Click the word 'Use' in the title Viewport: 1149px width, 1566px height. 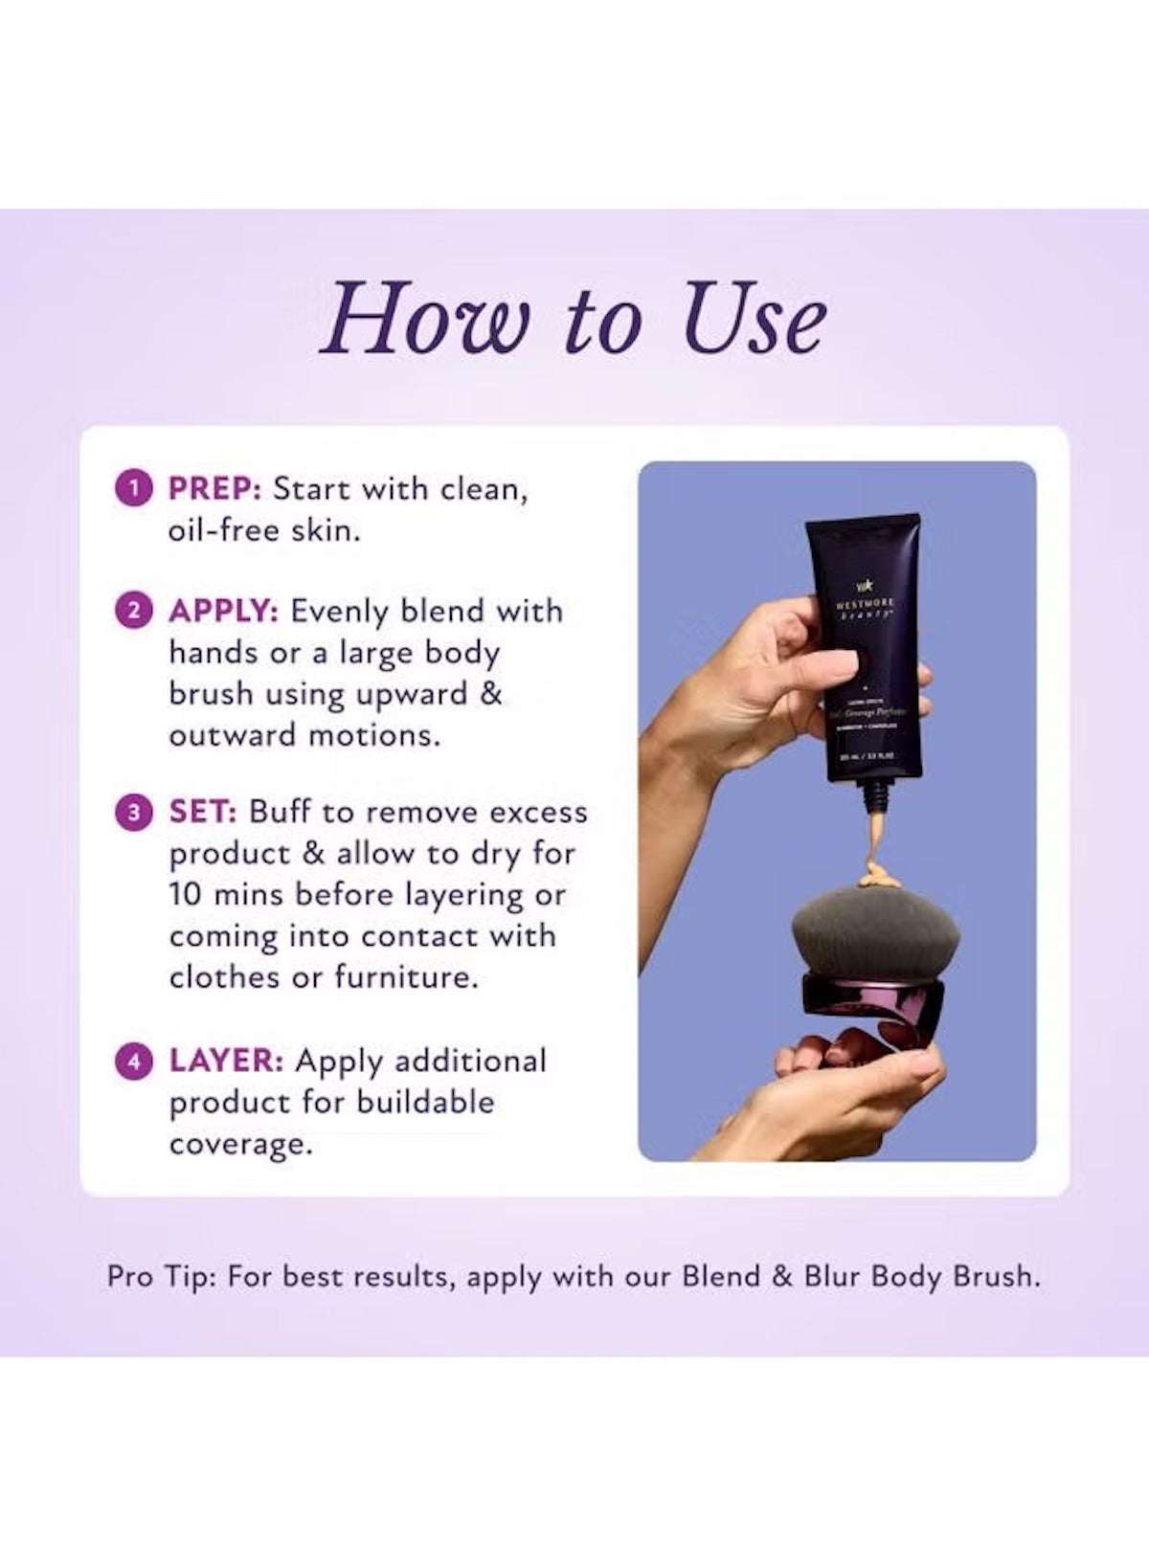tap(754, 319)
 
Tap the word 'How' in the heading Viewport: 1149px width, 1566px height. tap(423, 319)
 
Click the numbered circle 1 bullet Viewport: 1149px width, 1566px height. tap(134, 488)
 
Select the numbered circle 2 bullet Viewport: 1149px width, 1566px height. tap(134, 610)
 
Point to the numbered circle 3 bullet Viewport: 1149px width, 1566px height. tap(134, 812)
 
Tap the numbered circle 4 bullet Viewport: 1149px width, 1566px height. tap(134, 1061)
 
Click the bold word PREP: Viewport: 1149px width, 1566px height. tap(214, 488)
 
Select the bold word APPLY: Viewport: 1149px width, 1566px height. tap(223, 611)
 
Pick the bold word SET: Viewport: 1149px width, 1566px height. tap(202, 812)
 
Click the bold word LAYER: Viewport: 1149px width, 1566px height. tap(226, 1061)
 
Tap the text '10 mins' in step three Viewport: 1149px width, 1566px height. tap(226, 895)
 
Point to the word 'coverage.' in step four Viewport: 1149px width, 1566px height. tap(241, 1145)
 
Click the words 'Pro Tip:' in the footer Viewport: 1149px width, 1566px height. tap(162, 1277)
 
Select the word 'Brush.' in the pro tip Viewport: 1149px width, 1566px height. tap(996, 1276)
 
